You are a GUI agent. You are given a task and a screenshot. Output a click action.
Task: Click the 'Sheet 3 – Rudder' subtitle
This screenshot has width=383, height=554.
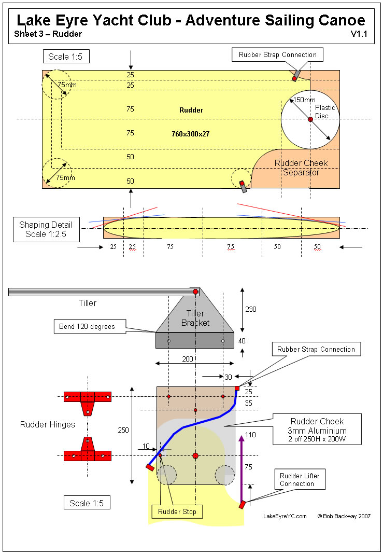tap(49, 34)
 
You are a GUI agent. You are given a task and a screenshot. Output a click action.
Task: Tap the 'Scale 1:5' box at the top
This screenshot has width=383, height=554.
tap(65, 57)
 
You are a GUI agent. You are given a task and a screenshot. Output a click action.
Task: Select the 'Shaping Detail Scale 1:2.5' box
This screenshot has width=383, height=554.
tap(46, 229)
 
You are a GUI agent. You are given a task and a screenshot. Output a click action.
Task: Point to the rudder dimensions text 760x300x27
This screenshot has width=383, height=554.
tap(191, 134)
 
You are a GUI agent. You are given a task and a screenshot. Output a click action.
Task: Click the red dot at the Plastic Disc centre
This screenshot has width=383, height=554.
tap(310, 119)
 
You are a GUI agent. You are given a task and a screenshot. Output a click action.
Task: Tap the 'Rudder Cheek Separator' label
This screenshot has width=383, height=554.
tap(301, 168)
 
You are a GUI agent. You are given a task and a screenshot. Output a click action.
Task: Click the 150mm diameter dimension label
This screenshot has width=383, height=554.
tap(304, 100)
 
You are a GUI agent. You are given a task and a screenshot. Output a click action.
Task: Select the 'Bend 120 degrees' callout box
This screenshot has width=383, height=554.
tap(84, 327)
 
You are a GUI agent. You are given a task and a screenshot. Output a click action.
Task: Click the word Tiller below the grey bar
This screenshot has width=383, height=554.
tap(88, 303)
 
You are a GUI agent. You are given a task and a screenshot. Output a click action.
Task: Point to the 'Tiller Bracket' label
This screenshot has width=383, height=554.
tap(195, 318)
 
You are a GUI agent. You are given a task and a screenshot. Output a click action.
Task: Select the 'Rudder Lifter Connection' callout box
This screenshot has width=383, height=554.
tap(300, 480)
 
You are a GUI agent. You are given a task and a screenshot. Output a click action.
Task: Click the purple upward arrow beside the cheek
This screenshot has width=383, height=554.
tap(241, 467)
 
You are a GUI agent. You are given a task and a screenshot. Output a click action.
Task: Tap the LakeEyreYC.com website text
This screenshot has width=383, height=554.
tap(285, 516)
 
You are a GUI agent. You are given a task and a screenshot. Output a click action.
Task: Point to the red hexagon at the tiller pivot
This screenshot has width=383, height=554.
tap(195, 292)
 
